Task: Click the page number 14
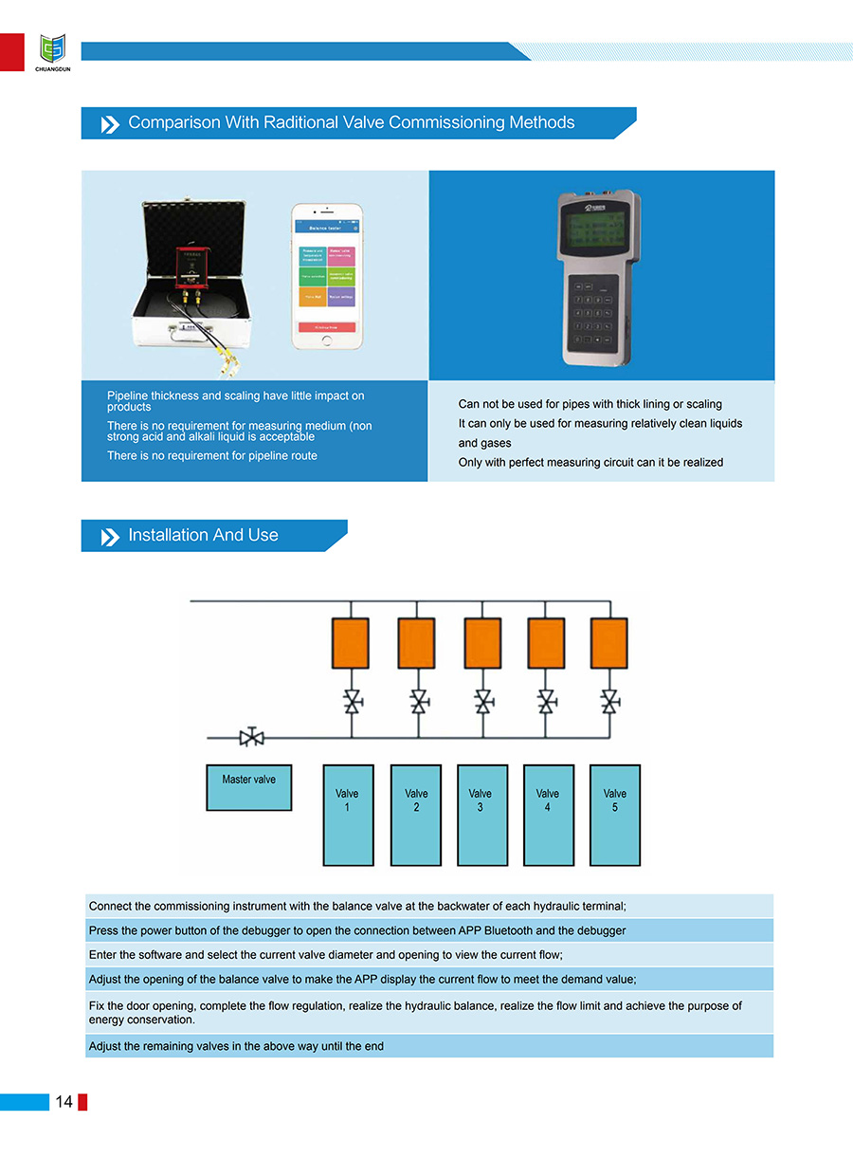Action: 64,1101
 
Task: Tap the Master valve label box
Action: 248,786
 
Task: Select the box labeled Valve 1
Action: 348,815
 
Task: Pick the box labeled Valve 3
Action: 481,815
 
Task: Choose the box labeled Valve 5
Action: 614,815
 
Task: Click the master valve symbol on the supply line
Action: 251,737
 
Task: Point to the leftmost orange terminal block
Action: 350,643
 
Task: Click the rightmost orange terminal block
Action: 609,643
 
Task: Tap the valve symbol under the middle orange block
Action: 483,703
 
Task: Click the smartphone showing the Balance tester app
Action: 327,276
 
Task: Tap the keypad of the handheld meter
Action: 590,313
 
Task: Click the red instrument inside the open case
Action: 193,266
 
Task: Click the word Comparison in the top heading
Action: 173,122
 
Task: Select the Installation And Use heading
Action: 203,535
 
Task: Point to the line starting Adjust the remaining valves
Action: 236,1046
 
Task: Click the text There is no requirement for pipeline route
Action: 211,456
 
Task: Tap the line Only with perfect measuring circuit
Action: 590,463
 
